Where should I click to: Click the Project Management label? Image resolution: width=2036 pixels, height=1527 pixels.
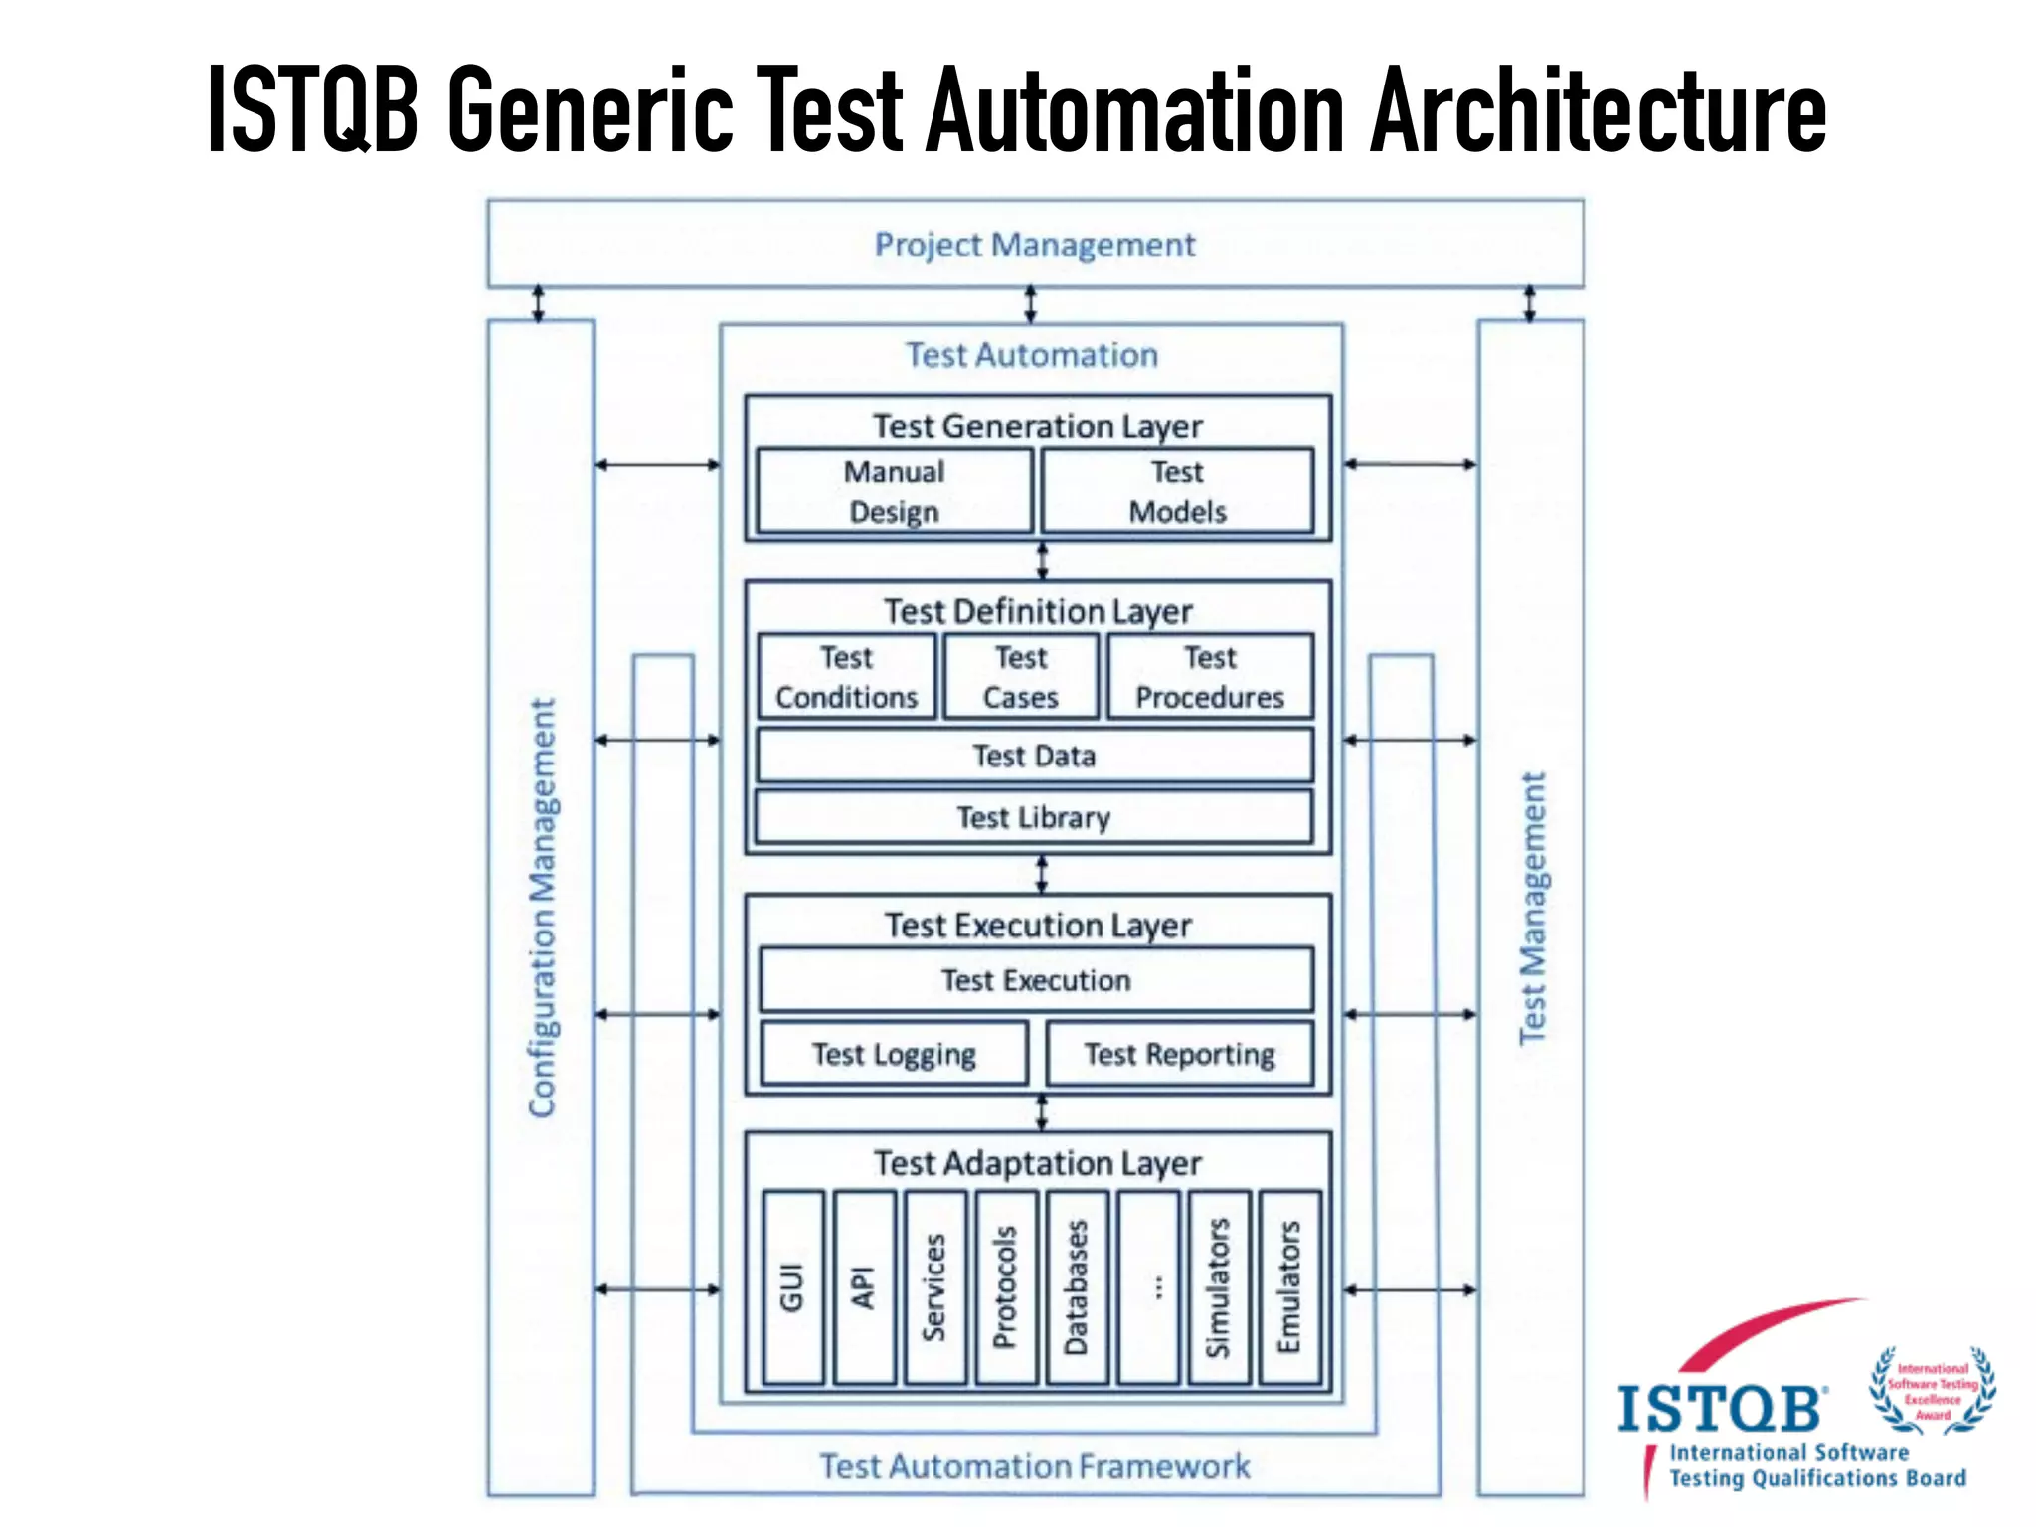tap(1034, 245)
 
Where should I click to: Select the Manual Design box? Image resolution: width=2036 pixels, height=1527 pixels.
tap(894, 491)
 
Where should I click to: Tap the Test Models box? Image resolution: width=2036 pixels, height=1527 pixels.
tap(1177, 491)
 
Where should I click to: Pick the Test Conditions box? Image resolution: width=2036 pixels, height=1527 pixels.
tap(846, 677)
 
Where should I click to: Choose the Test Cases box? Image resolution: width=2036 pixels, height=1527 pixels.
tap(1021, 677)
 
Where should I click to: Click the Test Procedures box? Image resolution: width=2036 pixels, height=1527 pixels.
tap(1210, 677)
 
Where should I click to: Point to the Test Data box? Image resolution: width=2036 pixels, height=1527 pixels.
tap(1034, 756)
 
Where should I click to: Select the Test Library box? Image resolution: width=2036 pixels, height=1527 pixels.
tap(1034, 817)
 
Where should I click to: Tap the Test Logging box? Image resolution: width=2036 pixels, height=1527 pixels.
tap(894, 1054)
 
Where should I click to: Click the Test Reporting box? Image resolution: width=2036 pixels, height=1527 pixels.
tap(1179, 1054)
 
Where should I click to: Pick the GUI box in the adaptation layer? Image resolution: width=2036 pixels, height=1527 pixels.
tap(793, 1287)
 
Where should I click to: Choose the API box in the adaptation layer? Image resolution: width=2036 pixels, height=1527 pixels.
tap(864, 1287)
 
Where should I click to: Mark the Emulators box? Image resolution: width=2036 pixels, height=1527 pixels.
tap(1289, 1287)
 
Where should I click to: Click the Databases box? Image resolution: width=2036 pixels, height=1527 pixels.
tap(1077, 1287)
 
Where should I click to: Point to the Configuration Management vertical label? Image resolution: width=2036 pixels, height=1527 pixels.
tap(542, 907)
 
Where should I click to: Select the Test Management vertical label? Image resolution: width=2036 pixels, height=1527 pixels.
tap(1532, 907)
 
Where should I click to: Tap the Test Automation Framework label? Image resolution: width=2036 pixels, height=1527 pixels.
tap(1034, 1466)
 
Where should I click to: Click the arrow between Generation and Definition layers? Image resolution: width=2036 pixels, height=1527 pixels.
tap(1042, 561)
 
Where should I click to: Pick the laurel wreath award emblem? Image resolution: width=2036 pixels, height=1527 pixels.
tap(1933, 1391)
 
